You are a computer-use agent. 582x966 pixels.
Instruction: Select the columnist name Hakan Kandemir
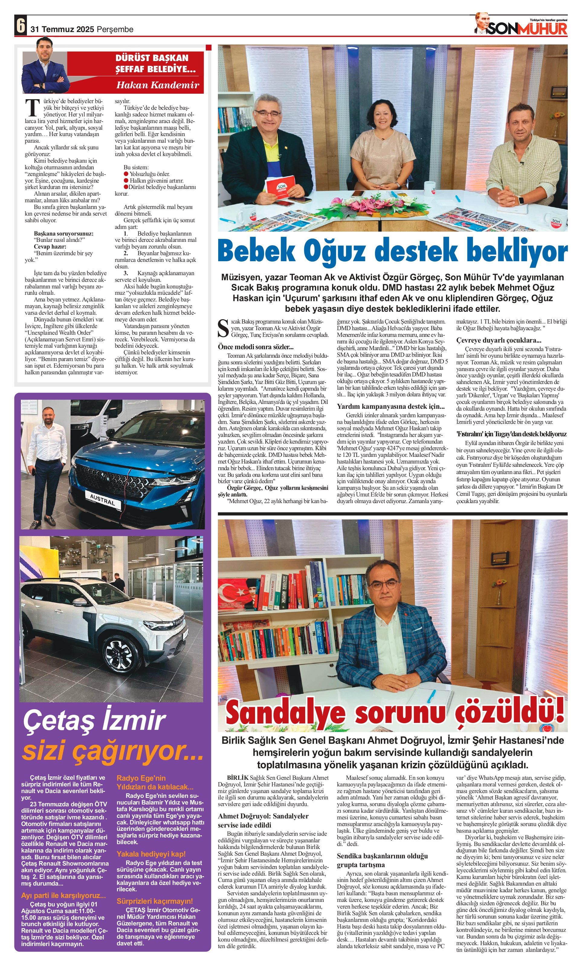(x=157, y=85)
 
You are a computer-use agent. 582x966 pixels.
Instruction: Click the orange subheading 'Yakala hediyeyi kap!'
(x=151, y=854)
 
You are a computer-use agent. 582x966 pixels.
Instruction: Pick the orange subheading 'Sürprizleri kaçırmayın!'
(x=154, y=901)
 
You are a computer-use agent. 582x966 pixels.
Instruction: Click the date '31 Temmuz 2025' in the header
(x=62, y=29)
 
